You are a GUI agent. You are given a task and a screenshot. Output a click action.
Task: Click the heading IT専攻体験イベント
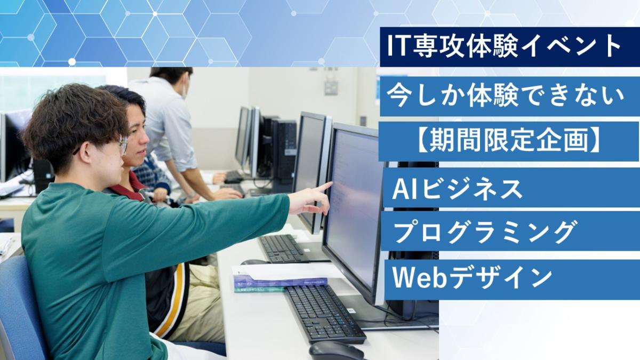[x=503, y=46]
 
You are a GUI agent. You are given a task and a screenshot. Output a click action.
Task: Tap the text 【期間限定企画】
[x=509, y=141]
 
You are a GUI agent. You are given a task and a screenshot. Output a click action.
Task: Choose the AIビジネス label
[x=458, y=189]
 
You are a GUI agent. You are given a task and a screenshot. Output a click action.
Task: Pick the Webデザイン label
[x=473, y=277]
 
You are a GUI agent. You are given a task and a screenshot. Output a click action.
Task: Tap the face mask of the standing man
[x=184, y=91]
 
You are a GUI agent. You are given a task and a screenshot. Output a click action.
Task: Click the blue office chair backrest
[x=20, y=306]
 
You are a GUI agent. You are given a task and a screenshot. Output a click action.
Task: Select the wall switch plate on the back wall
[x=331, y=87]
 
